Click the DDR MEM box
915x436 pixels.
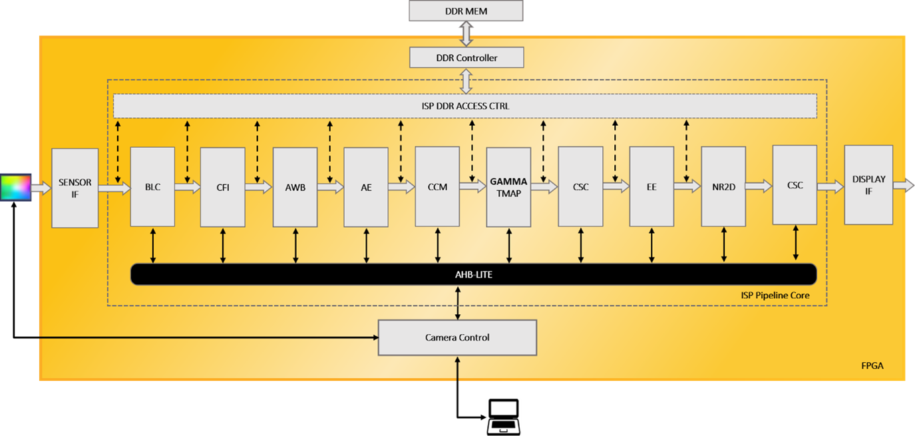[466, 11]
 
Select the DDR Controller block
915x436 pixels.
[466, 58]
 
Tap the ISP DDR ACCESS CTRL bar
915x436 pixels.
[464, 106]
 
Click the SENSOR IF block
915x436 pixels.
[75, 188]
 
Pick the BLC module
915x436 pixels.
[152, 187]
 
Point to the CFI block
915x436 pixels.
[223, 187]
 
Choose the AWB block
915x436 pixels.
[295, 187]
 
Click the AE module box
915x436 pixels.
[366, 187]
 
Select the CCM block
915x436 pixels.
[437, 187]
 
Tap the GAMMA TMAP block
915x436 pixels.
[508, 187]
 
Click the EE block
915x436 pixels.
[651, 187]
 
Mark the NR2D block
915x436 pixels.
[723, 187]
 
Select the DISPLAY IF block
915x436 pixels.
[868, 185]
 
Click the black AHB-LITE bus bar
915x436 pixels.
[473, 274]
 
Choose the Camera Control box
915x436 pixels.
[457, 337]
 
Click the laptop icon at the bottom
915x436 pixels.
[504, 417]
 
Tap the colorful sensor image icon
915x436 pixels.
[15, 187]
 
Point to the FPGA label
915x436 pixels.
[872, 366]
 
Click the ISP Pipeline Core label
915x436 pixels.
[775, 295]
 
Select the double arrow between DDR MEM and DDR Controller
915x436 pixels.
[466, 34]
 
